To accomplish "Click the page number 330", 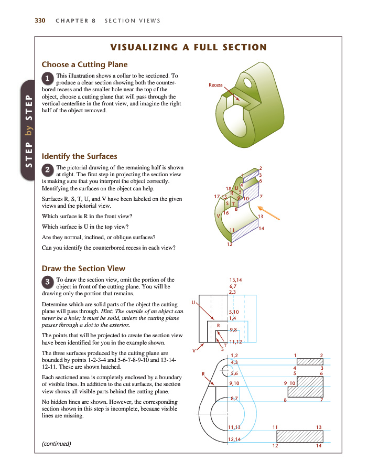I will click(x=40, y=20).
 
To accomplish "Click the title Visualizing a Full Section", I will click(x=188, y=48).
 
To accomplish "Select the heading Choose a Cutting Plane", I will click(x=84, y=65).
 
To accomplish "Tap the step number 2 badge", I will click(x=47, y=170).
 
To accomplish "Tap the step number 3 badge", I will click(x=47, y=282).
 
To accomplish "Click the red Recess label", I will click(x=215, y=84).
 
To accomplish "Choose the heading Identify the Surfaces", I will click(x=79, y=156).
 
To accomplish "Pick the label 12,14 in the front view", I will click(x=234, y=439).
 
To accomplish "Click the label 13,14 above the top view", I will click(x=236, y=280).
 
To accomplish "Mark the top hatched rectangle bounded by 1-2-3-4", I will click(x=309, y=362).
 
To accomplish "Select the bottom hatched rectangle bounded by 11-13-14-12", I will click(x=299, y=436).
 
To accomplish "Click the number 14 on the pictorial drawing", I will click(x=261, y=229).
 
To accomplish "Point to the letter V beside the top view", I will click(x=193, y=349).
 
